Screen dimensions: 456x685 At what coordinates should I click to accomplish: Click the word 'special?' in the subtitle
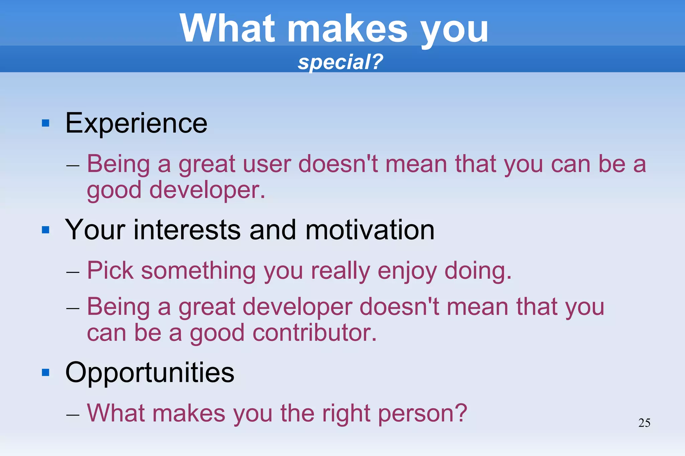[340, 62]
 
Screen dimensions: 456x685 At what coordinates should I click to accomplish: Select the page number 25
[644, 423]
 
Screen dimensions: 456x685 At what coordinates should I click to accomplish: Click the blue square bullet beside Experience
[46, 124]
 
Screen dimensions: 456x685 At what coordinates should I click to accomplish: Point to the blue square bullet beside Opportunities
[46, 372]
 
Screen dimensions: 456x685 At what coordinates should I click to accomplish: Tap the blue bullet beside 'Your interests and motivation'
[46, 230]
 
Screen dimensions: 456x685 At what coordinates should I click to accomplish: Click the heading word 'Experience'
[136, 124]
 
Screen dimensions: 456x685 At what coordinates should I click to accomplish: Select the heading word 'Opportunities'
[150, 372]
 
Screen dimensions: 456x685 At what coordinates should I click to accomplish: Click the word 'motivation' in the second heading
[370, 230]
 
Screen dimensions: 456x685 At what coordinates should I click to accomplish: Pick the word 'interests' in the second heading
[187, 230]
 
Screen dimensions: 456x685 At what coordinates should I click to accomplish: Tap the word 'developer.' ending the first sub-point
[207, 190]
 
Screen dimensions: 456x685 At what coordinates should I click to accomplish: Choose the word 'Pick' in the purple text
[110, 270]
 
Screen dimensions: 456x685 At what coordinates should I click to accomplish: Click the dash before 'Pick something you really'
[73, 272]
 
